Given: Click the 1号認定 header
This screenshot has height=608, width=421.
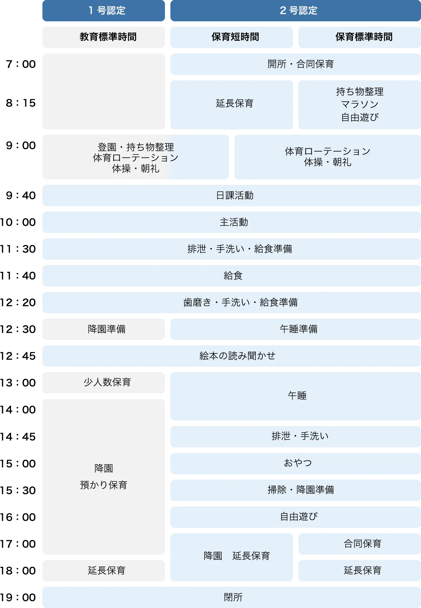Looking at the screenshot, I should coord(107,11).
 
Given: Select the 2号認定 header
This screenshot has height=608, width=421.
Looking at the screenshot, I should coord(298,11).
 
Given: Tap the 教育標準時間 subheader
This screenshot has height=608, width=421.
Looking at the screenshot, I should coord(108,37).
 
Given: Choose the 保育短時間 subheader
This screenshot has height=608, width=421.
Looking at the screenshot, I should coord(235,37).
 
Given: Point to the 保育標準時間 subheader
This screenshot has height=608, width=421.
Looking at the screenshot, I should coord(364,37).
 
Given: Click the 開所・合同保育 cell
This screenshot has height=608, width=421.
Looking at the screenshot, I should coord(300,64).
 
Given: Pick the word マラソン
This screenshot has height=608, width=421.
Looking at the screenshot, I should coord(360,104).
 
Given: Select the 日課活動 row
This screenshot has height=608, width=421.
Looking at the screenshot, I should coord(234,195).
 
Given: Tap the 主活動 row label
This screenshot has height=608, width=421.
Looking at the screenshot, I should coord(234,222).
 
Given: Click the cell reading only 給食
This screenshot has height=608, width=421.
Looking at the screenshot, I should coord(233,275).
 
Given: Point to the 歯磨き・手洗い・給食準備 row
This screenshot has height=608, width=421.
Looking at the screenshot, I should coord(240,302).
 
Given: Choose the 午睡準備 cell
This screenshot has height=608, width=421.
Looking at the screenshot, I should coord(298,329).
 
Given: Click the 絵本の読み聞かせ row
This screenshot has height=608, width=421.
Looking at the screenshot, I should coord(237,356).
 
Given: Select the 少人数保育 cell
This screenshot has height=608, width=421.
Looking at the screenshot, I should coord(107,382).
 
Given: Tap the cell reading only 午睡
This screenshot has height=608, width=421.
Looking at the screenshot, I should coord(297,395).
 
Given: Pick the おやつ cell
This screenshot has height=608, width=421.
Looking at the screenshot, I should coord(298,463).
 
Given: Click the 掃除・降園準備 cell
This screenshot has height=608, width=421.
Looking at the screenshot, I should coord(301,490).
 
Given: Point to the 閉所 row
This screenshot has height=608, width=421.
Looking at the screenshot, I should coord(233,597).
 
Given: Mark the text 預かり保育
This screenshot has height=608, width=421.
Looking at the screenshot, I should coord(103,485).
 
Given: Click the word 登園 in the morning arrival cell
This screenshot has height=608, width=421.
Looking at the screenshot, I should coord(107,147).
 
